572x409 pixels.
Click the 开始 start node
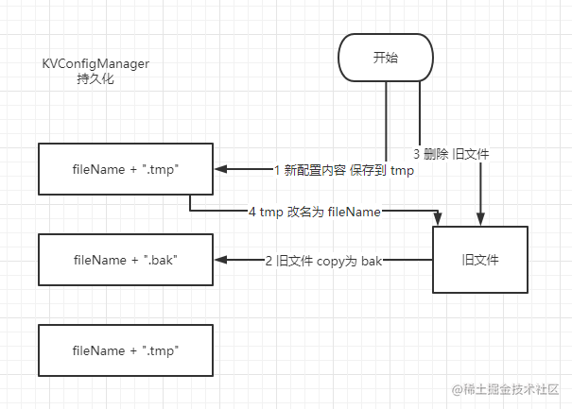[386, 59]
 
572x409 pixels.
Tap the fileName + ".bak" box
[126, 259]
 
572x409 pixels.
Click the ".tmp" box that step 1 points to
[126, 169]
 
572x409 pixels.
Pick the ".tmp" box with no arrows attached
[126, 350]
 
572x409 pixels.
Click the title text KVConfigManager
[95, 63]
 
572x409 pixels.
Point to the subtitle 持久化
[95, 79]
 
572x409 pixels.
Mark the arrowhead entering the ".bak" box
[220, 259]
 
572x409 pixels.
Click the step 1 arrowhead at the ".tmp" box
[220, 170]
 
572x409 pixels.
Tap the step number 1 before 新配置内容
[278, 170]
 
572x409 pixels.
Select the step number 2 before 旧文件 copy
[269, 259]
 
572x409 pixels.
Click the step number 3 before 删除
[418, 153]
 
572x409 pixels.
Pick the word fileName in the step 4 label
[354, 213]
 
